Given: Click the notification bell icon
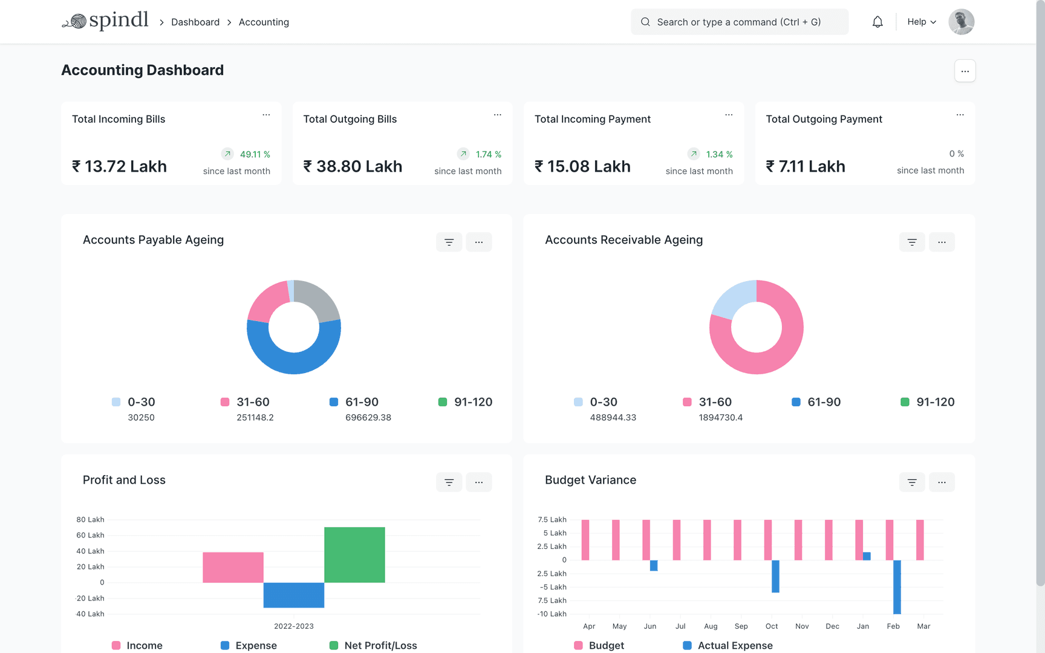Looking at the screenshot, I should click(x=877, y=22).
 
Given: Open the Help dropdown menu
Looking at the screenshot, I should click(x=921, y=22).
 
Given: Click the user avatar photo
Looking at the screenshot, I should click(x=961, y=22).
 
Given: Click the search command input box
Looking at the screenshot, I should click(x=739, y=22).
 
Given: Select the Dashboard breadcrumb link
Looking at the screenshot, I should click(x=195, y=22).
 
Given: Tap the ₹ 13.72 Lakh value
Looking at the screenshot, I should click(x=120, y=166).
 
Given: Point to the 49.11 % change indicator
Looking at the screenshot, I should click(x=255, y=154).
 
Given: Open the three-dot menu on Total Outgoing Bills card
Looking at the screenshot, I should click(x=497, y=115).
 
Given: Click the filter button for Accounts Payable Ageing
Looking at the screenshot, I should click(x=449, y=242).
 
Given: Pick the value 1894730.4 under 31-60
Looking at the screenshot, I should click(x=720, y=418).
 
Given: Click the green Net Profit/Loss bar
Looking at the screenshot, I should click(x=354, y=554).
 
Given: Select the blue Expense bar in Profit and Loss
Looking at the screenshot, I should click(x=294, y=595).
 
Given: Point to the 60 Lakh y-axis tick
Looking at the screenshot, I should click(x=90, y=535).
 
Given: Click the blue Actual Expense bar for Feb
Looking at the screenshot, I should click(x=897, y=586).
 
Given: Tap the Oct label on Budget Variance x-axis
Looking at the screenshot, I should click(x=772, y=626).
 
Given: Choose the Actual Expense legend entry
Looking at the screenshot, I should click(x=734, y=646).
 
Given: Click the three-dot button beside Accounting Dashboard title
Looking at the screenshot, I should click(x=965, y=71).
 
